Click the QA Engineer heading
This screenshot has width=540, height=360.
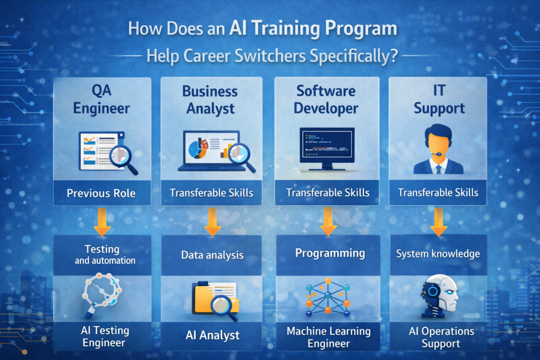point(102,100)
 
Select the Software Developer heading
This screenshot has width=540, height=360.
point(326,100)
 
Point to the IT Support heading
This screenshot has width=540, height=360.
point(439,100)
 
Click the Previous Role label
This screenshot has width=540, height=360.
point(101,193)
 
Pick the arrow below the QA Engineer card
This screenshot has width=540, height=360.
point(102,222)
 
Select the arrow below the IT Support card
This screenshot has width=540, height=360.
point(438,222)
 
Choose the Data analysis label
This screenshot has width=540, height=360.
point(213,255)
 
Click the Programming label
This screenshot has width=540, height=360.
point(330,253)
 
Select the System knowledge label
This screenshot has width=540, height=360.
point(438,254)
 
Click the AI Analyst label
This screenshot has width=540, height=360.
point(213,335)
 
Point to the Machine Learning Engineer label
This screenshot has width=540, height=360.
point(329,337)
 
